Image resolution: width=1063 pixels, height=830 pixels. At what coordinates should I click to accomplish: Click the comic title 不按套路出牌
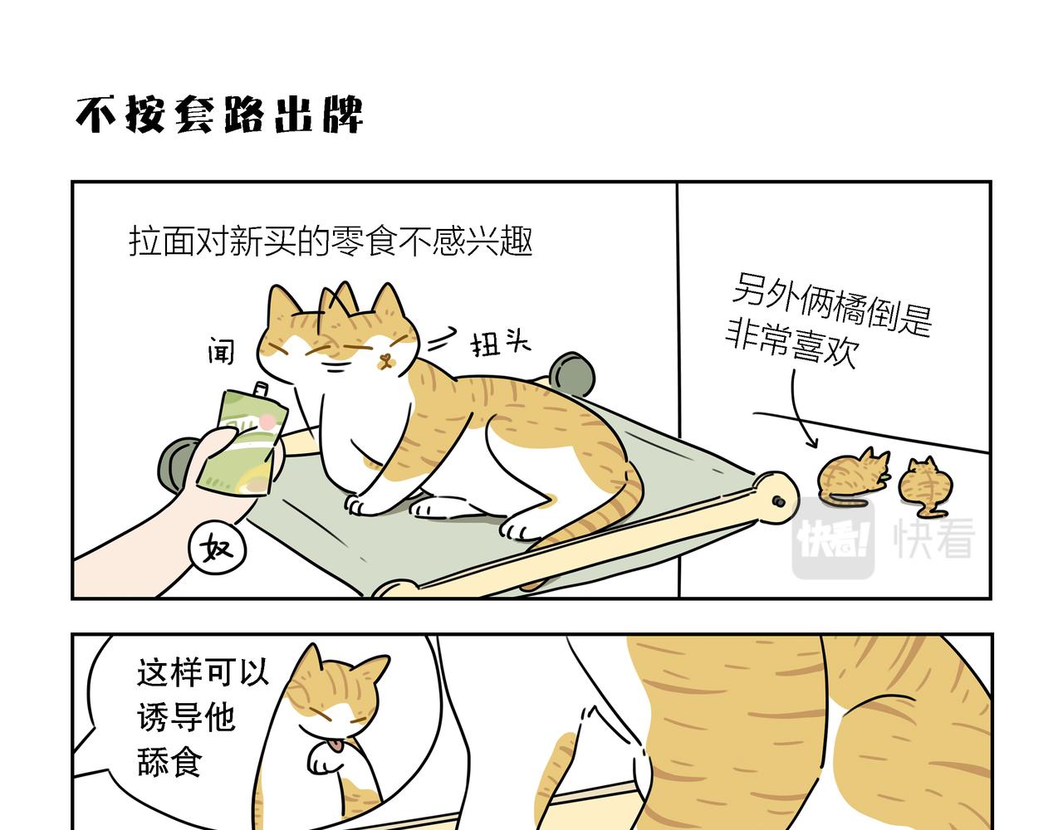[x=219, y=115]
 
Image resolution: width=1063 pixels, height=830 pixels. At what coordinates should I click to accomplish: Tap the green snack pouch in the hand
[x=243, y=442]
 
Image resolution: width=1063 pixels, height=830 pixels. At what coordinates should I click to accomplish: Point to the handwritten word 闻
[x=221, y=350]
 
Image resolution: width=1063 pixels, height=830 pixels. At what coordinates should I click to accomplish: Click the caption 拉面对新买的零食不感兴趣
[x=331, y=241]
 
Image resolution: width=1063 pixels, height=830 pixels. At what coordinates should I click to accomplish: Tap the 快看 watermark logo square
[x=833, y=538]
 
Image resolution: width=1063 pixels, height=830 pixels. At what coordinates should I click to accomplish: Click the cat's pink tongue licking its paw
[x=335, y=746]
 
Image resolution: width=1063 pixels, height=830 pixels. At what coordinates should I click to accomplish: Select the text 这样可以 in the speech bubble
[x=203, y=672]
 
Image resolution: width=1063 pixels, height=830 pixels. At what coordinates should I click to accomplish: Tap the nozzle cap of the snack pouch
[x=260, y=389]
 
